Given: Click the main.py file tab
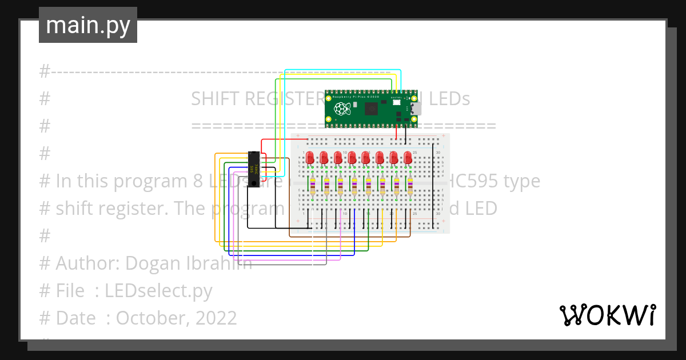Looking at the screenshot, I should click(88, 25).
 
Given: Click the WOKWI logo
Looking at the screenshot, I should click(607, 315).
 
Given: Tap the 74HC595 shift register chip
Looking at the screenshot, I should click(255, 165).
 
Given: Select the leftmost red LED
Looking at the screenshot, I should click(310, 158).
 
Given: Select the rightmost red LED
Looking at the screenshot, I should click(408, 158).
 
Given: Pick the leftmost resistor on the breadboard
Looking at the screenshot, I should click(313, 186).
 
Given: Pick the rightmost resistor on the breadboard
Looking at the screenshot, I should click(410, 186).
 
